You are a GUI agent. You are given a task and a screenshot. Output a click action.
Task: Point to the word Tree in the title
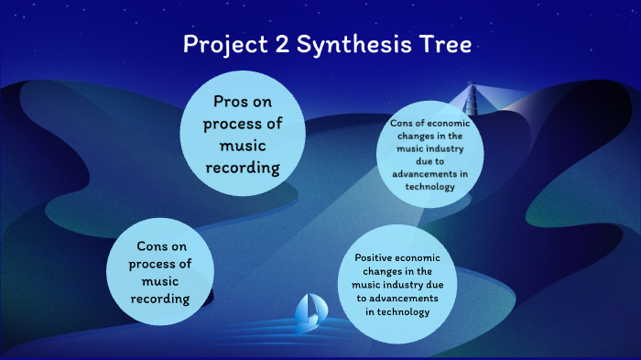(x=440, y=44)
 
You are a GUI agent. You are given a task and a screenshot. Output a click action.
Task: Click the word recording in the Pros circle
(x=243, y=167)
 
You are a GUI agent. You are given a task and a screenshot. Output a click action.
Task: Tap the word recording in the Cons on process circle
(x=163, y=299)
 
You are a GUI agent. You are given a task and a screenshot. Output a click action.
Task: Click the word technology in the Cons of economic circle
(x=429, y=186)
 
